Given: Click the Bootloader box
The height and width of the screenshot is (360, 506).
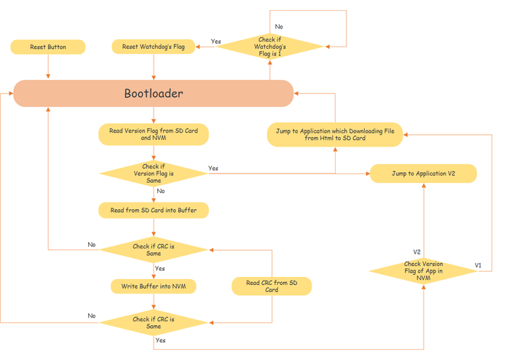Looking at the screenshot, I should click(x=154, y=93).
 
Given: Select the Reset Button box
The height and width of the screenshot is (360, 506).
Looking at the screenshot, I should click(x=48, y=47).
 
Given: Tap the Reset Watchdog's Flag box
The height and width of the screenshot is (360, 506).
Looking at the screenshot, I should click(x=154, y=47).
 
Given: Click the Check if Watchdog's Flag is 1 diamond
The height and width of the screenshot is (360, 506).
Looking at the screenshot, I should click(x=270, y=47).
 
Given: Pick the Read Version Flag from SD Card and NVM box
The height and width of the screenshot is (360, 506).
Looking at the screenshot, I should click(x=154, y=134).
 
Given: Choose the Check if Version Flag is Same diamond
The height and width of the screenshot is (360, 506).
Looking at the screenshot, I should click(x=154, y=173).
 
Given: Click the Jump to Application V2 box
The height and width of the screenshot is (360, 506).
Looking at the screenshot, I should click(x=423, y=173).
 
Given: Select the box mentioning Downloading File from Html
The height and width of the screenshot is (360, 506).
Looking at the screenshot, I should click(x=335, y=134).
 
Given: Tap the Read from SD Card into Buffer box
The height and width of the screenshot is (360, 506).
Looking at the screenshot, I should click(x=154, y=211).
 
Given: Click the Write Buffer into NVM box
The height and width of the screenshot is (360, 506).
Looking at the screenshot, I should click(x=154, y=286).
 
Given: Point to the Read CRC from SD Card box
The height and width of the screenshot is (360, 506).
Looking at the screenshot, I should click(x=272, y=286).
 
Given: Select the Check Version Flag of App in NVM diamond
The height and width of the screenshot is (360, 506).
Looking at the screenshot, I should click(x=423, y=270).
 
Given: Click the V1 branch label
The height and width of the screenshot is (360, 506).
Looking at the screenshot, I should click(x=478, y=265).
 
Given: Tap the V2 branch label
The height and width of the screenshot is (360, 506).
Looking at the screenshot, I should click(x=417, y=251).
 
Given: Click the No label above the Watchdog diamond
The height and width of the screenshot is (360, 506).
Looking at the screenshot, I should click(x=279, y=26).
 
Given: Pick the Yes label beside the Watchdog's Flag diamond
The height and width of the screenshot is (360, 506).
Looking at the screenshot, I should click(x=216, y=42).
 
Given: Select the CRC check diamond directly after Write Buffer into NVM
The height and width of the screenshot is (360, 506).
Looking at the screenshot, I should click(x=154, y=321).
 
